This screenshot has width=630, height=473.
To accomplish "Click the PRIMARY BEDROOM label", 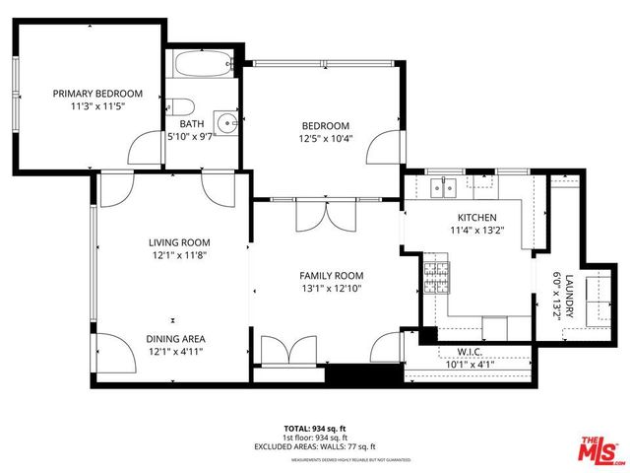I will pyautogui.click(x=97, y=94).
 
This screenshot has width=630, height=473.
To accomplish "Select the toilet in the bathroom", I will pyautogui.click(x=181, y=109).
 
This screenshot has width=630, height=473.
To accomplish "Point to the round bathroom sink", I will pyautogui.click(x=227, y=123).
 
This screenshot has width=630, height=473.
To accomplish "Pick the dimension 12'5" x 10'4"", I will pyautogui.click(x=325, y=139).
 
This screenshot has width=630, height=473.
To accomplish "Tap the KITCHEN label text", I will pyautogui.click(x=476, y=218).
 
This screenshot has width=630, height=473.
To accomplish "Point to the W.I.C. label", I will pyautogui.click(x=469, y=351).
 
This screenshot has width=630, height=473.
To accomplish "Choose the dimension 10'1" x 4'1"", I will pyautogui.click(x=469, y=364).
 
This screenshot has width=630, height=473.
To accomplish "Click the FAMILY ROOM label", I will pyautogui.click(x=332, y=276).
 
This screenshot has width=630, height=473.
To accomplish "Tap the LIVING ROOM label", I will pyautogui.click(x=179, y=242).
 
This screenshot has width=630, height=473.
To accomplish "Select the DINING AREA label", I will pyautogui.click(x=177, y=338).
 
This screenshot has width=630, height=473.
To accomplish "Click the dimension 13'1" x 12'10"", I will pyautogui.click(x=332, y=289).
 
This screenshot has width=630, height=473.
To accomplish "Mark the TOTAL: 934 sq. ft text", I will pyautogui.click(x=315, y=428).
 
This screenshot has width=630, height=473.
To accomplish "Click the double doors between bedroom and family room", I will pyautogui.click(x=324, y=215).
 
